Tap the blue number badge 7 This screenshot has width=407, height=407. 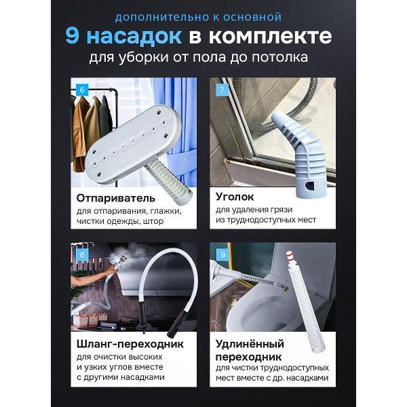(220, 89)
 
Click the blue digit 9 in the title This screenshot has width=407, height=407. (73, 35)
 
